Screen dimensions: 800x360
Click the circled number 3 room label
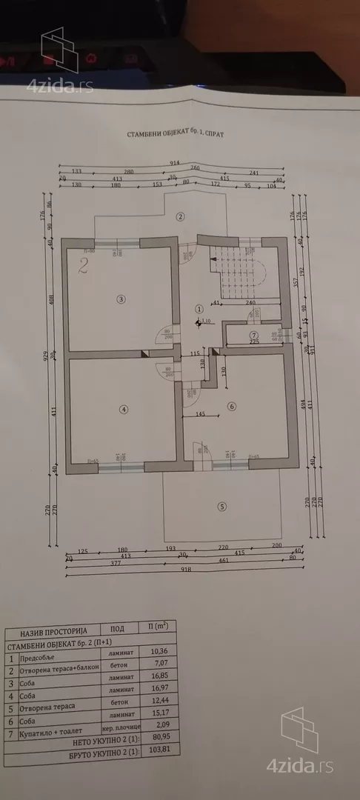point(122,299)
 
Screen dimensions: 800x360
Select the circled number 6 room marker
point(231,406)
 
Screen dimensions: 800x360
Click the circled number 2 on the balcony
point(179,216)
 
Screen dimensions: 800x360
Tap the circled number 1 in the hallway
point(199,308)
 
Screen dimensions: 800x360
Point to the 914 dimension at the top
point(174,162)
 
